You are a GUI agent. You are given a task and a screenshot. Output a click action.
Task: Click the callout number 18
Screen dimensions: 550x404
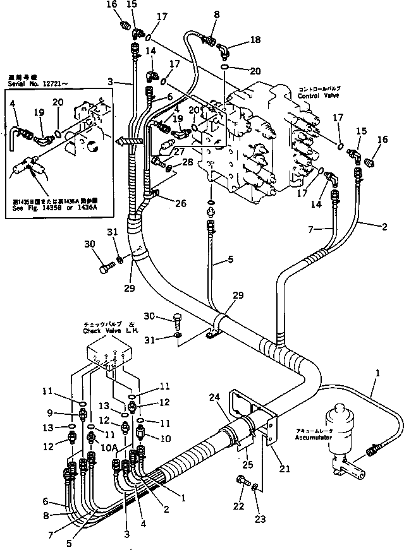(255, 39)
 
